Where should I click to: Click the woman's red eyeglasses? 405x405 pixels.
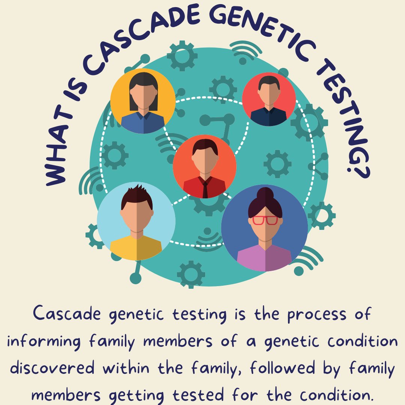coord(265,220)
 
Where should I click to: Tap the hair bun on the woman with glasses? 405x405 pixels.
coord(265,194)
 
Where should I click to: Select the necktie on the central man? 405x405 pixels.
coord(205,188)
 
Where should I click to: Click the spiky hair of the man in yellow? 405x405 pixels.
coord(137,195)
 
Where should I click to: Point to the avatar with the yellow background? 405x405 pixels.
coord(143,101)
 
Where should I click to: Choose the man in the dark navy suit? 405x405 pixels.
coord(268,99)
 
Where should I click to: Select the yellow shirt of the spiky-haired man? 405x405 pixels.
coord(136,248)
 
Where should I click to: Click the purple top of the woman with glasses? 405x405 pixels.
coord(264,259)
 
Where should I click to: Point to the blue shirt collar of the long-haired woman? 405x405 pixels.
coord(143,116)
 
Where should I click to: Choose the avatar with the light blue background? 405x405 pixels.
coord(136,221)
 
